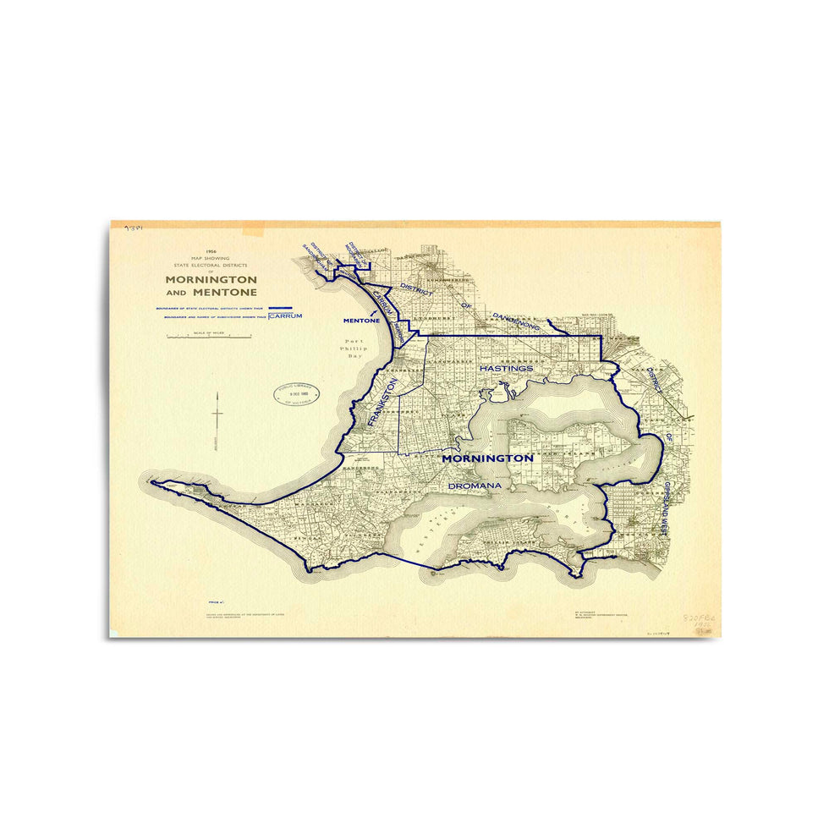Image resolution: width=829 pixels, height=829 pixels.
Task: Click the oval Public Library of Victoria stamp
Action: point(293,393)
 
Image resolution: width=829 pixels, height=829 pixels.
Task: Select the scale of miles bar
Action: point(209,337)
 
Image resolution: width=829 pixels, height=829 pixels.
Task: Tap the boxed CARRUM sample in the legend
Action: point(285,316)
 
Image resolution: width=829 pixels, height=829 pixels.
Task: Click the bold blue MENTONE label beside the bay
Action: point(360,321)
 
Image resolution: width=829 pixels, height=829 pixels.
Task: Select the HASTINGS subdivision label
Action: point(506,369)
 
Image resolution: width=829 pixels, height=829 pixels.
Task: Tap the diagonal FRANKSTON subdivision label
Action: point(382,406)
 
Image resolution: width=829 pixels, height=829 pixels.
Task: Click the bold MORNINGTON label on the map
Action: point(488,458)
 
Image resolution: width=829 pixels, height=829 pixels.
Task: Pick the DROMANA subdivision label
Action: point(475,486)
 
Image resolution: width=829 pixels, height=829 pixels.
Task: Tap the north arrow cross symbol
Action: point(218,414)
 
